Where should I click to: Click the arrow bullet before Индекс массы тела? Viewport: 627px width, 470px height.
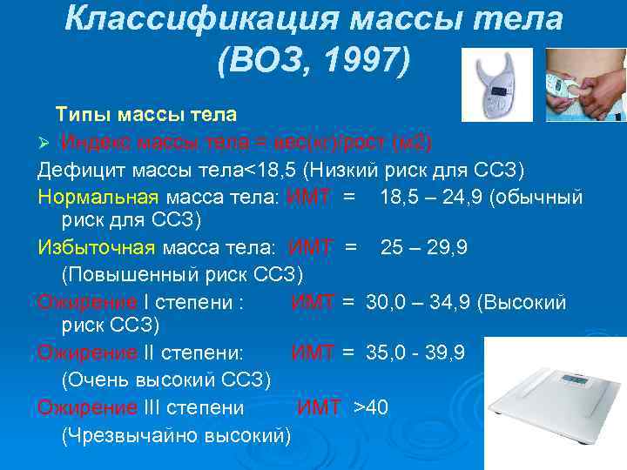coord(46,142)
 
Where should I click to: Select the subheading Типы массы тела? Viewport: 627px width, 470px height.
coord(146,115)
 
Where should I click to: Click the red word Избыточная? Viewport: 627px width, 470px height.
coord(96,248)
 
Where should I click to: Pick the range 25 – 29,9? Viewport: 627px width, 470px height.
coord(424,248)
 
